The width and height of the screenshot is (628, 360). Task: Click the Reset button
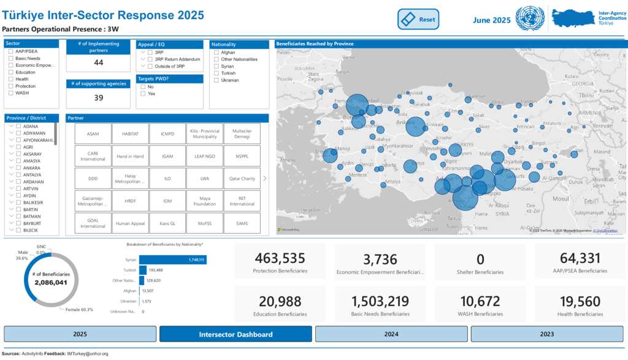pos(419,19)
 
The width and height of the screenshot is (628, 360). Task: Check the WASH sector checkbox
pos(11,93)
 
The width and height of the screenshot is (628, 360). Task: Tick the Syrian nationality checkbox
pos(216,66)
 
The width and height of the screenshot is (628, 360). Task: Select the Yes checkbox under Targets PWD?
pos(144,94)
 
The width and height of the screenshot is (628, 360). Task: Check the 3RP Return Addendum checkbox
pos(150,59)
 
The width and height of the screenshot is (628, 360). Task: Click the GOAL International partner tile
pos(93,223)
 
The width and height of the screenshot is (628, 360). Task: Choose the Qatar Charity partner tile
pos(242,178)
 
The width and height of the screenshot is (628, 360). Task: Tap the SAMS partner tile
pos(242,223)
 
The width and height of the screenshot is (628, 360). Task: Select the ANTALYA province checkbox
pos(18,175)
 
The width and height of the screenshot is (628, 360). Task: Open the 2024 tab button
pos(391,334)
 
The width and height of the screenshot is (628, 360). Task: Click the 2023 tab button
pos(547,334)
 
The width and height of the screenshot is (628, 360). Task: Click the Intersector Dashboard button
pos(235,334)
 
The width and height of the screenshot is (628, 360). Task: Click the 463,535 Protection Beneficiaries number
pos(280,258)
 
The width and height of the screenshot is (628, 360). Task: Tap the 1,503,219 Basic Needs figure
pos(380,301)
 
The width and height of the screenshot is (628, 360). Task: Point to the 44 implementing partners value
pos(98,63)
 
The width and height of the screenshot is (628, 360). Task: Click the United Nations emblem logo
pos(530,18)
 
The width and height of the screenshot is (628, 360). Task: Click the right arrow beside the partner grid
pos(264,178)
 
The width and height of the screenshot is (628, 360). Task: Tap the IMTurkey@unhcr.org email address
pos(88,354)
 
